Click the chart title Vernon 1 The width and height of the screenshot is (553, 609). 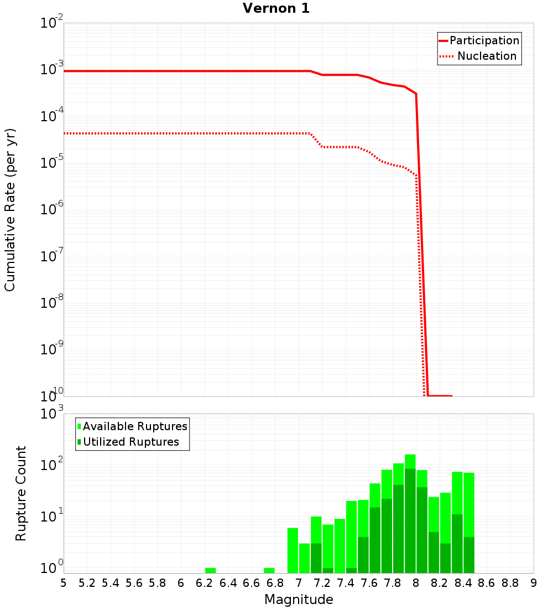276,9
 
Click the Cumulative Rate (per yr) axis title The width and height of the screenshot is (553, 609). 10,210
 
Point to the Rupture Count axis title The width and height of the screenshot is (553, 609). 21,493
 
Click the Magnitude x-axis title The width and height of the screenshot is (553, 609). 299,600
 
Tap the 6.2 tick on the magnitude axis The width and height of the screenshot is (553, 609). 204,583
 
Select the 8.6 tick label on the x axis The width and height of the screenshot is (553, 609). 487,583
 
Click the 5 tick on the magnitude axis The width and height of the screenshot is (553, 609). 64,583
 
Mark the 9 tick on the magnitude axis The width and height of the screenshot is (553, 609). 534,583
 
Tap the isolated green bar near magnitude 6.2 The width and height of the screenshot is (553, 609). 210,570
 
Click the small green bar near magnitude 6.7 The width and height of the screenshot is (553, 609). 269,570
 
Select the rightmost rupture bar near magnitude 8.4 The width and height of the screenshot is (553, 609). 469,523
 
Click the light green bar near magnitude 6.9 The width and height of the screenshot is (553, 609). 293,550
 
